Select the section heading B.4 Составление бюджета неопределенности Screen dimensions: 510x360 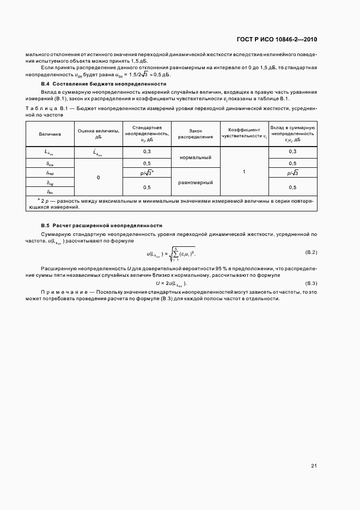103,84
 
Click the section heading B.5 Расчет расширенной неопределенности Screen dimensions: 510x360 101,226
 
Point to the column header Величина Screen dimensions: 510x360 50,133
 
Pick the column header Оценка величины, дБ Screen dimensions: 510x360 98,133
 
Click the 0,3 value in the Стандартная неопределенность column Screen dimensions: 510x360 147,151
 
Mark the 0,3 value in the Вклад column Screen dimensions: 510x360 292,151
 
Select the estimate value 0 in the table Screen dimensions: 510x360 98,178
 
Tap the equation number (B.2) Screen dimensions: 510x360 311,252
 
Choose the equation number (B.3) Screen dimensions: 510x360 311,283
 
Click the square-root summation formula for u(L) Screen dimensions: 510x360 170,253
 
